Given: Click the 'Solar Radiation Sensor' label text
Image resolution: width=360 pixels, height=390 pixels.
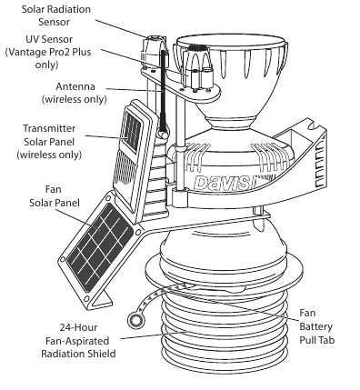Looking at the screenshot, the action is pyautogui.click(x=56, y=15).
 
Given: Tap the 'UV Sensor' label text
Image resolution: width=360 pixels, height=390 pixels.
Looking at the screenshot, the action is pyautogui.click(x=49, y=39).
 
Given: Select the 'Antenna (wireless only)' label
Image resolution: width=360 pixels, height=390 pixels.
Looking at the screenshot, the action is pyautogui.click(x=75, y=93).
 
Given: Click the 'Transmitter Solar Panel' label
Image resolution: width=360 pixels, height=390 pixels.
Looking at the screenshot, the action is pyautogui.click(x=49, y=142).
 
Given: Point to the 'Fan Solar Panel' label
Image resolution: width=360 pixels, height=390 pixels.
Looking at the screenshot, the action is pyautogui.click(x=55, y=196).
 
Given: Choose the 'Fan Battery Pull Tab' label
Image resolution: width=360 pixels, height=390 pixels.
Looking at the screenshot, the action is pyautogui.click(x=317, y=326).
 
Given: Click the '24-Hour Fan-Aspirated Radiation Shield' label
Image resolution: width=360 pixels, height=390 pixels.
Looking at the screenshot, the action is pyautogui.click(x=78, y=341).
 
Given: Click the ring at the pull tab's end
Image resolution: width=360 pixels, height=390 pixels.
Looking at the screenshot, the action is pyautogui.click(x=136, y=320).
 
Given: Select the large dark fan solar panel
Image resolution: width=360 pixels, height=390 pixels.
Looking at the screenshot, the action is pyautogui.click(x=100, y=248).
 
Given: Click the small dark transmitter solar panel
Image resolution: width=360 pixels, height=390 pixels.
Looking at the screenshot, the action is pyautogui.click(x=132, y=132).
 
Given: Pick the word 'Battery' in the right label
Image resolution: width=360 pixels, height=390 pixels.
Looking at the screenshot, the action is pyautogui.click(x=315, y=326).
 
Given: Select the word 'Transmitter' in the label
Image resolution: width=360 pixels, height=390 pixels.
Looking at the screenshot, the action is pyautogui.click(x=49, y=128).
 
